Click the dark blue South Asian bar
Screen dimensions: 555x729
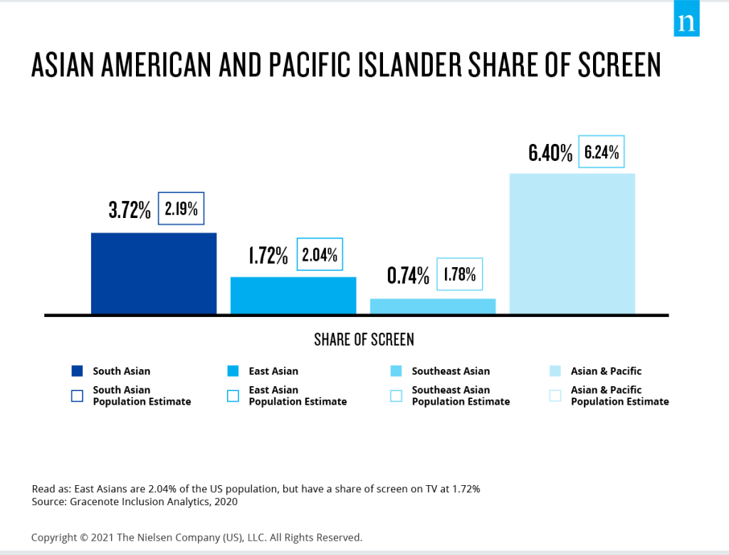pos(153,273)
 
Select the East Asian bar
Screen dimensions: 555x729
pos(293,295)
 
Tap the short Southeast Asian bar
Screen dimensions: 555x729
pos(432,306)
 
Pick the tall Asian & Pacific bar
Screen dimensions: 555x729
pos(572,243)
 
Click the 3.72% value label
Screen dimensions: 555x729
pos(130,209)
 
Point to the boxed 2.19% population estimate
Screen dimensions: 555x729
pos(181,209)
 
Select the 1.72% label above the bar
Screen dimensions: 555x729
pos(268,255)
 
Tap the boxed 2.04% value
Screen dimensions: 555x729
pos(320,254)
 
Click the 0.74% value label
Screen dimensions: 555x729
pos(408,275)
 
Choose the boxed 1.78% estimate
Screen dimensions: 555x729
pos(459,274)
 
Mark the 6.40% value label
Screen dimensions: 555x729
pos(550,152)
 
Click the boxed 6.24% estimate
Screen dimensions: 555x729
pos(602,151)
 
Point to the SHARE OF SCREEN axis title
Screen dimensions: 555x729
pos(364,339)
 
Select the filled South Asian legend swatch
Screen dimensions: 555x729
pos(78,371)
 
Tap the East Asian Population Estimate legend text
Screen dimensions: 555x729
pos(298,396)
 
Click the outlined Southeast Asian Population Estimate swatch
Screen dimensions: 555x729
pos(397,396)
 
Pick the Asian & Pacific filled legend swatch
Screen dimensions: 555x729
pos(555,371)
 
